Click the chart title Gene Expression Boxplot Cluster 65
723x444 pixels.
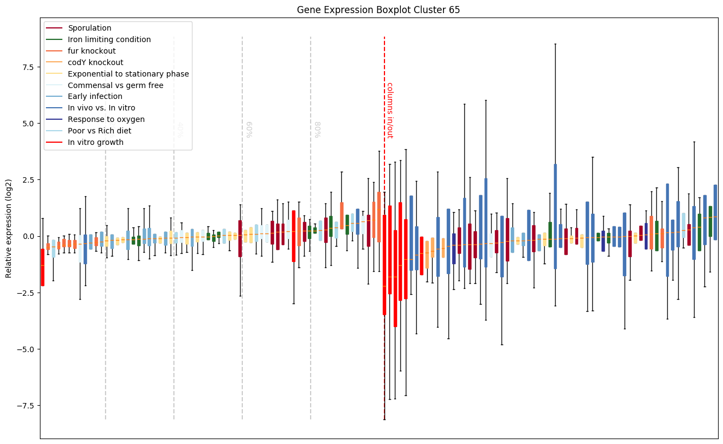click(378, 10)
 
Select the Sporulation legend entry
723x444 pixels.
click(89, 28)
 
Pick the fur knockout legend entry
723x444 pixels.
click(91, 51)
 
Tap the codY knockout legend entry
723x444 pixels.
click(95, 62)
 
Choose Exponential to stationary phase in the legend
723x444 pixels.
click(128, 74)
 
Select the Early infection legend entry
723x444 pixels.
click(95, 97)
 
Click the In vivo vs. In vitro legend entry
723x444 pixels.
click(101, 108)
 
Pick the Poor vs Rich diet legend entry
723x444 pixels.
click(100, 131)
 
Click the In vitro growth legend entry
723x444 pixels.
click(96, 143)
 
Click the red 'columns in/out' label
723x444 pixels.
click(390, 110)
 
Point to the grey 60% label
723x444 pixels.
click(249, 130)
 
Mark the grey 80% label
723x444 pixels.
click(318, 130)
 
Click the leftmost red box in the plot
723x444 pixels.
click(43, 267)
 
